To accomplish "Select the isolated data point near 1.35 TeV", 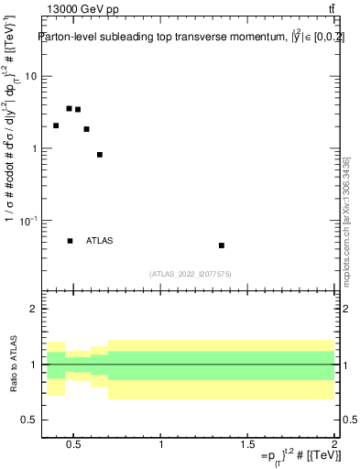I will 222,245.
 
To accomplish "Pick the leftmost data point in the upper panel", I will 56,125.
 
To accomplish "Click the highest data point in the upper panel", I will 69,108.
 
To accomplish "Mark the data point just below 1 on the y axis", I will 100,155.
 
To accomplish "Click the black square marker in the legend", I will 70,241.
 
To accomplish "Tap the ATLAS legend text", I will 99,241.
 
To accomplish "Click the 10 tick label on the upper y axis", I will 30,76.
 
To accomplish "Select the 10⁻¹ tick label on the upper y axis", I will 27,220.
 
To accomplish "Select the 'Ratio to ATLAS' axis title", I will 12,365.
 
